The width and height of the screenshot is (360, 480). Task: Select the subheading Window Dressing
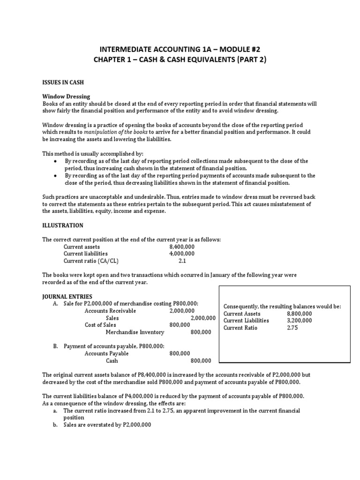[x=66, y=96]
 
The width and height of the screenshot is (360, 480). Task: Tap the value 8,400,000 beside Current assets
[x=182, y=247]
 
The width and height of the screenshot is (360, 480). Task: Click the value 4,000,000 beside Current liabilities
[x=182, y=254]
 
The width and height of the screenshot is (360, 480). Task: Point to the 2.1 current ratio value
[x=183, y=261]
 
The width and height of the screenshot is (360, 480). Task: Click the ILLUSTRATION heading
[x=63, y=225]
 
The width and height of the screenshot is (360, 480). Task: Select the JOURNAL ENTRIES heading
[x=67, y=297]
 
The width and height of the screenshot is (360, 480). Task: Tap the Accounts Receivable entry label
[x=110, y=311]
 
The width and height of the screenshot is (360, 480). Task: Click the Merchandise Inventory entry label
[x=135, y=332]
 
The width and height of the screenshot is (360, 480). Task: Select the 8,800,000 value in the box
[x=299, y=314]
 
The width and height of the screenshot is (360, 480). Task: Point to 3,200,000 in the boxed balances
[x=299, y=321]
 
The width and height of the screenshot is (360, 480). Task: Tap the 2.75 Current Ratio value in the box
[x=292, y=328]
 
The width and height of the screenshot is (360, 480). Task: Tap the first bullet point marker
[x=56, y=161]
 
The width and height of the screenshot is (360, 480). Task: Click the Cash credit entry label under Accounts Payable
[x=112, y=361]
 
